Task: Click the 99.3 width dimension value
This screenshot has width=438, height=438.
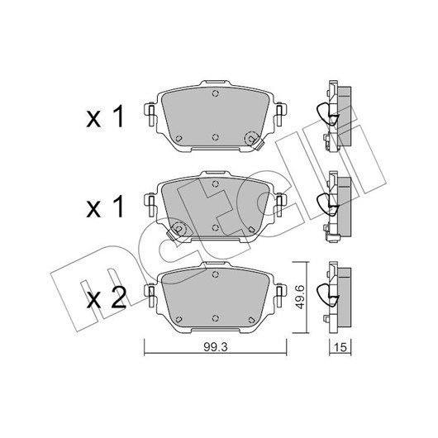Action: [216, 347]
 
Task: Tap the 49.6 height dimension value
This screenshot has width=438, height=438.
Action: [300, 297]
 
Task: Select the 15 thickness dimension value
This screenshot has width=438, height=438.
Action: [340, 347]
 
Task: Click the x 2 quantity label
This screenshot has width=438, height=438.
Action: [106, 298]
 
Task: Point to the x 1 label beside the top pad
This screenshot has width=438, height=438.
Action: [105, 117]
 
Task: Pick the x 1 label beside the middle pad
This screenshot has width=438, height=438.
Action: [105, 207]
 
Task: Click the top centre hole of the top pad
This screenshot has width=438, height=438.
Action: [215, 93]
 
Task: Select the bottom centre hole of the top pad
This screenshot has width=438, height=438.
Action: [215, 137]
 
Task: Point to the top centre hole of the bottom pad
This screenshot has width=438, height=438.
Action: [215, 274]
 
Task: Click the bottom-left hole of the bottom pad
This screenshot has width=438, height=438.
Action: [179, 320]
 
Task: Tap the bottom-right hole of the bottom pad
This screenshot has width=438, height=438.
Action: [251, 320]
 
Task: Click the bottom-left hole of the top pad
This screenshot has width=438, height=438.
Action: [179, 139]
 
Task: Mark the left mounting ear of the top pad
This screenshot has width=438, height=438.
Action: [151, 114]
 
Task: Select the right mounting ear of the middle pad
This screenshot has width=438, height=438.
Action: [279, 204]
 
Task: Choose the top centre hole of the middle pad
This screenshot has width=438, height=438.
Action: [215, 183]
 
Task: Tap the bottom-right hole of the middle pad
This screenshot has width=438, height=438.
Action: [251, 229]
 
